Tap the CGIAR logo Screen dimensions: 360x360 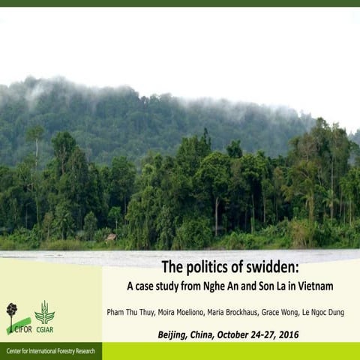pos(45,316)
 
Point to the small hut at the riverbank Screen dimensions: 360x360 pos(111,237)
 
